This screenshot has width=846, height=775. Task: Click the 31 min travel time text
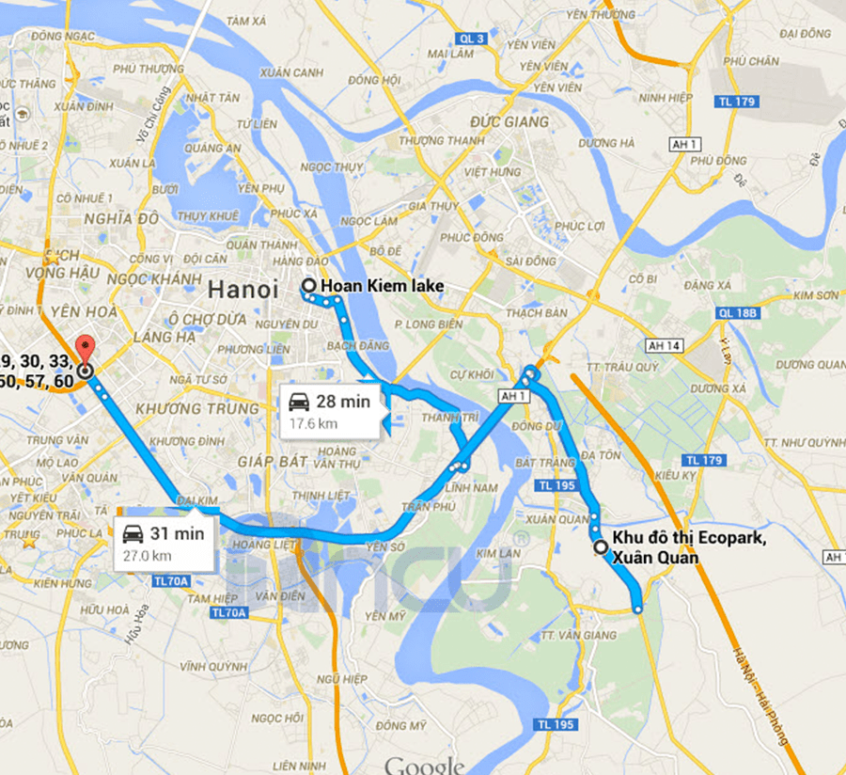pos(178,533)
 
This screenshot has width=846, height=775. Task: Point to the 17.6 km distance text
pos(313,423)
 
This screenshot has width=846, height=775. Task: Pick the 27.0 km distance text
pos(149,555)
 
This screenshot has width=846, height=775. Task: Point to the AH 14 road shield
pos(664,346)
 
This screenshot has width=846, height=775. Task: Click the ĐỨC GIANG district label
pos(509,122)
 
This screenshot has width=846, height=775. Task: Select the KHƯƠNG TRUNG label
pos(196,409)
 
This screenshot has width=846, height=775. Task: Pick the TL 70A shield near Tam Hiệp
pos(228,613)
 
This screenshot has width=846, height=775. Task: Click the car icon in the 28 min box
pos(300,403)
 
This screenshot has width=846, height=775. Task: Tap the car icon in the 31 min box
pos(134,534)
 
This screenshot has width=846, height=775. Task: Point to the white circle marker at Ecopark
pos(601,546)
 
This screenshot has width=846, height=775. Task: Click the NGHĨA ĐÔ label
pos(121,219)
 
